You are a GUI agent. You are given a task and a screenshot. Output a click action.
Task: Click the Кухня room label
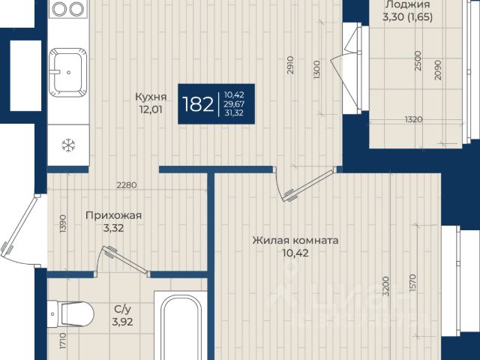click(151, 97)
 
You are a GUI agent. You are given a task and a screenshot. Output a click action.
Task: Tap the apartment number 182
click(198, 104)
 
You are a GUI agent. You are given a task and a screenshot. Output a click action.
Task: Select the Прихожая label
click(113, 215)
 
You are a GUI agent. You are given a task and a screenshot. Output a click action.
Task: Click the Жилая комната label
click(295, 240)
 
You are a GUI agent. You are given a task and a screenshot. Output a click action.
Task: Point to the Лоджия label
click(407, 4)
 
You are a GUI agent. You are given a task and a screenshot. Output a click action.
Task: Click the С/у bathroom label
click(122, 309)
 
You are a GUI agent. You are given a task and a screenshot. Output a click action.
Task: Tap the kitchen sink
click(68, 73)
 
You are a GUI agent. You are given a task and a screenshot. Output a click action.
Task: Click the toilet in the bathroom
click(70, 314)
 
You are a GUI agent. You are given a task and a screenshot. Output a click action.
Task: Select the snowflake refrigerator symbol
click(68, 145)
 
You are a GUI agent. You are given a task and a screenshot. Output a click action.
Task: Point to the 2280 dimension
click(127, 185)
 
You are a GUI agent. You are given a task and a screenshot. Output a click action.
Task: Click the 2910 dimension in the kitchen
click(290, 64)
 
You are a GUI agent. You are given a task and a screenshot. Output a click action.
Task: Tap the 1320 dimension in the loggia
click(413, 119)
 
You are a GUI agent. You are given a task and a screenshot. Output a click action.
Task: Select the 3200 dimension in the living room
click(386, 286)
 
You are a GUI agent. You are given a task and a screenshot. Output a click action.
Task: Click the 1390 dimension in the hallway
click(63, 223)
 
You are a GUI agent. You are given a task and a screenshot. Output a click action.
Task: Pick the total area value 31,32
click(234, 113)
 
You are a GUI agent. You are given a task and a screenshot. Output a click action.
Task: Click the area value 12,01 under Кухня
click(151, 109)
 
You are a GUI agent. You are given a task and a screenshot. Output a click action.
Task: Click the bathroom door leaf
click(125, 259)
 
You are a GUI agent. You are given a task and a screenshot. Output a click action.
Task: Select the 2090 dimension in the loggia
click(438, 70)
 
